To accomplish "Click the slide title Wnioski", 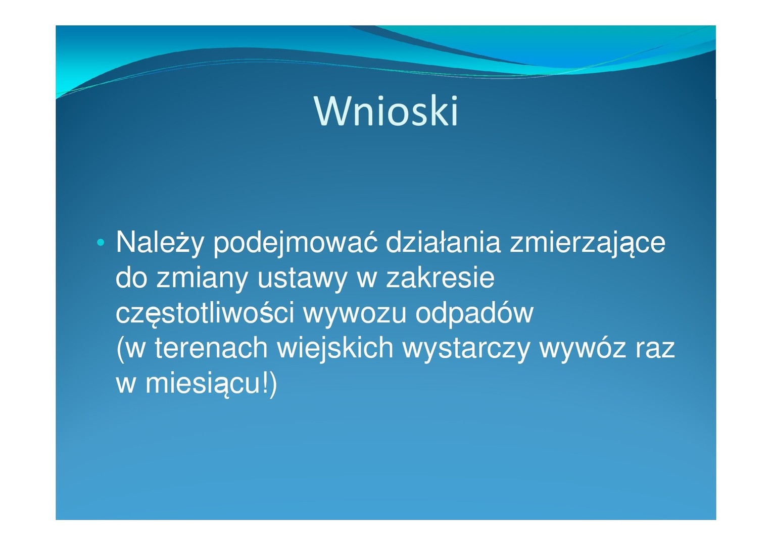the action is coord(386,111).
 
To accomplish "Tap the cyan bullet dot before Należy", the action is coord(101,243).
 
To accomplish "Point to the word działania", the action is coord(443,242).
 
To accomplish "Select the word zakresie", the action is coord(440,277).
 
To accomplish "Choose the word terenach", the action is coord(211,348).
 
